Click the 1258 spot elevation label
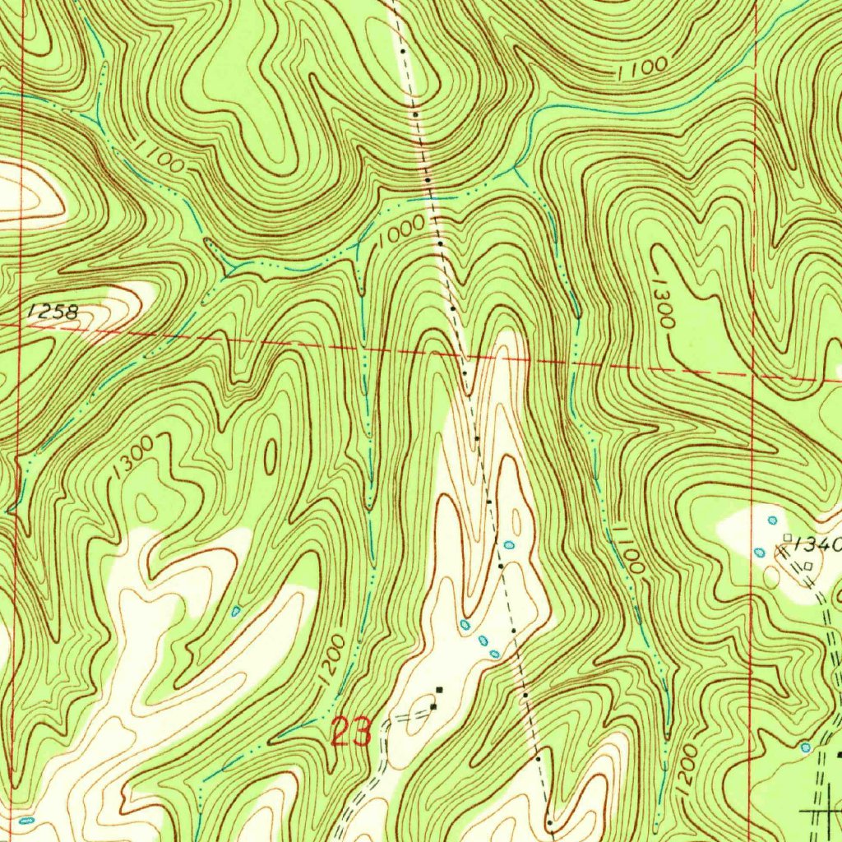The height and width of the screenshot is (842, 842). click(x=52, y=312)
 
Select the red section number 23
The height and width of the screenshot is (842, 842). click(x=351, y=730)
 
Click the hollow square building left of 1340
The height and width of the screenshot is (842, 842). click(x=787, y=538)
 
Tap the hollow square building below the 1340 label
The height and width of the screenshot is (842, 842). click(x=808, y=566)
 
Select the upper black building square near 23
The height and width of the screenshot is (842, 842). click(x=439, y=688)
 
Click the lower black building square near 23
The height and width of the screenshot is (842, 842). click(x=433, y=706)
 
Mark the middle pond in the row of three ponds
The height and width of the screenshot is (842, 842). click(x=483, y=639)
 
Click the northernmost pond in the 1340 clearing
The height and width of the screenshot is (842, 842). click(x=771, y=520)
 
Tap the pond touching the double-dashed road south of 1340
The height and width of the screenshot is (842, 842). click(x=805, y=747)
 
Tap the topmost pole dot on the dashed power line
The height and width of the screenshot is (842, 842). click(x=403, y=51)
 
